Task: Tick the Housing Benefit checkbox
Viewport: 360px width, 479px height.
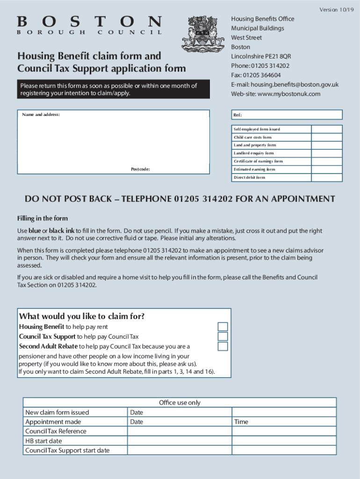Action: click(x=223, y=327)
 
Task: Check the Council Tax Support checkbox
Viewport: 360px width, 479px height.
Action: click(x=223, y=337)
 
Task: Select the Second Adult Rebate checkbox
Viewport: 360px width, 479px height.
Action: click(x=223, y=347)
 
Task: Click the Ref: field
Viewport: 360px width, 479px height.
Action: click(x=286, y=115)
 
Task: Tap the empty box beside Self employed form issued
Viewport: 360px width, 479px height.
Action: click(x=327, y=130)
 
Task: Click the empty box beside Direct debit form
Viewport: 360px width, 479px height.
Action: click(x=327, y=178)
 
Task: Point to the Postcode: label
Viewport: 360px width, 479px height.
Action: click(x=140, y=169)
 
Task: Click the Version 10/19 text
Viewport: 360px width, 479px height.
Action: click(x=337, y=10)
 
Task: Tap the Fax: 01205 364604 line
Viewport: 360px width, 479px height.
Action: click(x=256, y=75)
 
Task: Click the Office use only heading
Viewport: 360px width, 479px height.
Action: click(x=180, y=403)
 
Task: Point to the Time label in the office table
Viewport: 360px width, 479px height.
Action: click(x=241, y=422)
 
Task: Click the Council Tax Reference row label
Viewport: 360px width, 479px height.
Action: click(x=56, y=431)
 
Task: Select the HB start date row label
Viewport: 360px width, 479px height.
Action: click(x=43, y=441)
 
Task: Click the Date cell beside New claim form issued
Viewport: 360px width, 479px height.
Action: click(x=180, y=413)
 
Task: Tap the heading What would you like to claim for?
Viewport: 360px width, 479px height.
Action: click(x=81, y=317)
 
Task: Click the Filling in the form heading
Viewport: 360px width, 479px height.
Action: click(x=43, y=218)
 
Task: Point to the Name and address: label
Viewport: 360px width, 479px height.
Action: click(x=41, y=115)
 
